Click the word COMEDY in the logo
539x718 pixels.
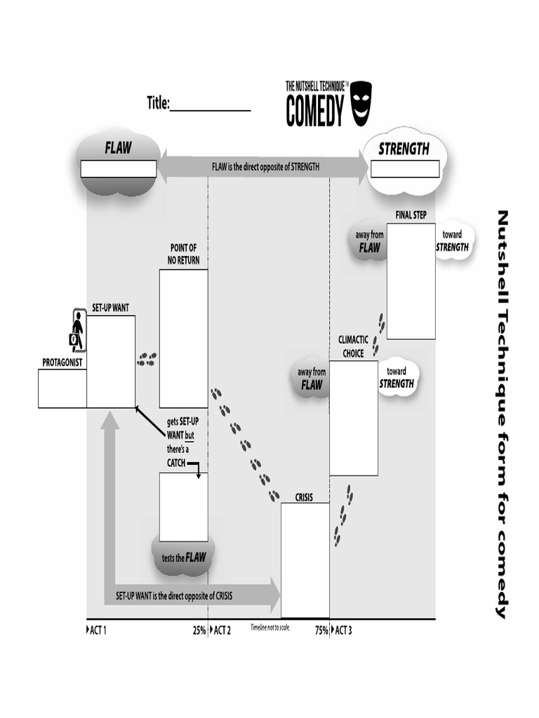pos(315,111)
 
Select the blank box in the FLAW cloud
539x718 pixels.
pos(119,169)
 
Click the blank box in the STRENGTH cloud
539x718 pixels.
pos(405,169)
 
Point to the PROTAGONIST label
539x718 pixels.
pos(62,363)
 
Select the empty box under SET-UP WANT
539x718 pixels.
pos(111,360)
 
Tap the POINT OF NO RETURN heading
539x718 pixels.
pos(183,255)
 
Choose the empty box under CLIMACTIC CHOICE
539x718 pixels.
pos(354,418)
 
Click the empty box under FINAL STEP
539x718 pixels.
pos(411,280)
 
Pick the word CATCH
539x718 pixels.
pos(176,463)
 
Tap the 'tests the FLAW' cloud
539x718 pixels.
pos(184,557)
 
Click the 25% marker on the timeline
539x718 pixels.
pos(199,630)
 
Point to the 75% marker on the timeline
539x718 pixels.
pos(321,630)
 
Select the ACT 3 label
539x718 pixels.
pos(342,630)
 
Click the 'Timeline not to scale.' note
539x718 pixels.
pos(270,628)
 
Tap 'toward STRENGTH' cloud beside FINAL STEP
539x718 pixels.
pos(452,242)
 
